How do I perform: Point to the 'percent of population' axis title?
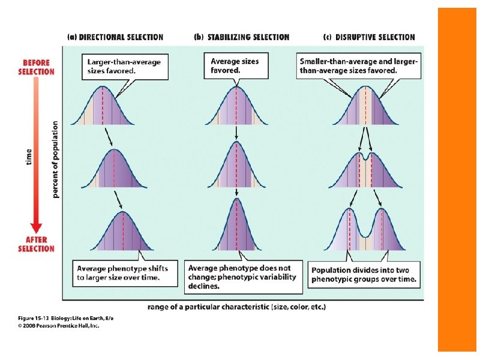55,159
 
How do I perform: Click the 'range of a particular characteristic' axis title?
237,307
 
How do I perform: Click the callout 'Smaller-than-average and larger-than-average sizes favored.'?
359,65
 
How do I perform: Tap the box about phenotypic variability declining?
240,276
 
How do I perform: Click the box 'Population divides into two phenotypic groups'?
364,274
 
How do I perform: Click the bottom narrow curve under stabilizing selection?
238,228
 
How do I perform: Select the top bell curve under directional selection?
103,108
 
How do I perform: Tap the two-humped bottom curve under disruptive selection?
365,231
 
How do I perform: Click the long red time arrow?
36,156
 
